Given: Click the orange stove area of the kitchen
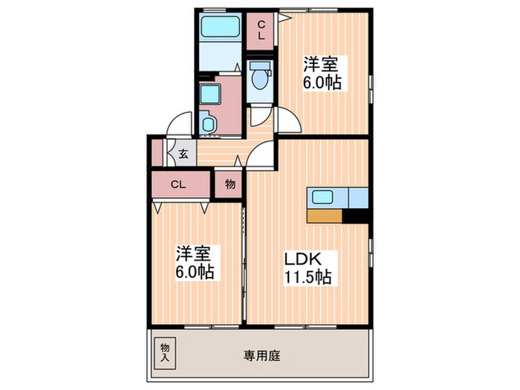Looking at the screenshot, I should point(325,216).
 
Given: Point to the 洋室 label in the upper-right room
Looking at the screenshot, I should point(322,63).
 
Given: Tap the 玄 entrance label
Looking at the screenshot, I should point(183,155).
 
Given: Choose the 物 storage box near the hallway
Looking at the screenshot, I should point(230,184).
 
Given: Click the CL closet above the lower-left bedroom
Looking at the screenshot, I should point(179,183).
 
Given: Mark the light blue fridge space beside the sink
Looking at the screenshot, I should point(358,198).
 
